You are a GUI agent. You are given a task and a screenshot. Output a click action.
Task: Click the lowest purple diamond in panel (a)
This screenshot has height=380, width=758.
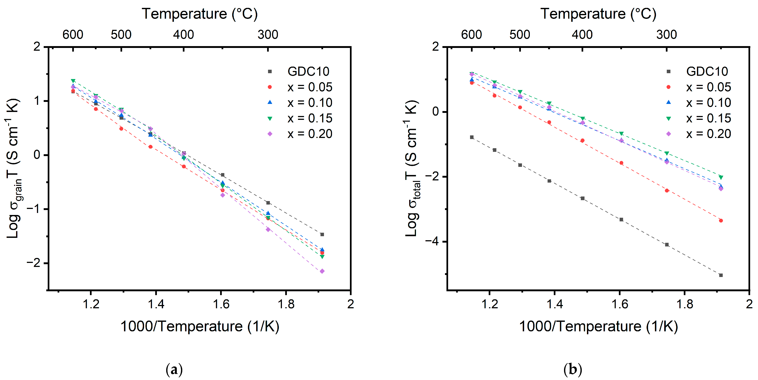click(322, 271)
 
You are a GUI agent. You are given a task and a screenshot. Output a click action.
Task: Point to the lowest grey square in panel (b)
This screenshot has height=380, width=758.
click(721, 275)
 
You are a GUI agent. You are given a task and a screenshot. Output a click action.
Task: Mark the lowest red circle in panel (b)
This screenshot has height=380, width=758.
click(721, 220)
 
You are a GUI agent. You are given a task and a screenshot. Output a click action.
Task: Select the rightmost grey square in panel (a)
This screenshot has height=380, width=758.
click(322, 235)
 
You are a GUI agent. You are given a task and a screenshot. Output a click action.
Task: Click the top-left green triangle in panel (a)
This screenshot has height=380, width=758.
click(73, 81)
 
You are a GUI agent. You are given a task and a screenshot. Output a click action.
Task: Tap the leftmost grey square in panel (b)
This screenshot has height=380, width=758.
click(472, 137)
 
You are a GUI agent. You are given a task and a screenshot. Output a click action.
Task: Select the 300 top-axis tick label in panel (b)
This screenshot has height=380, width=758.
click(666, 34)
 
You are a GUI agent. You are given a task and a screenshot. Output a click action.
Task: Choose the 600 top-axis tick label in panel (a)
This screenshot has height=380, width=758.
click(73, 34)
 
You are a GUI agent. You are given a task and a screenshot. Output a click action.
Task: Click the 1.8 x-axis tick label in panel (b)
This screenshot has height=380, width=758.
click(685, 304)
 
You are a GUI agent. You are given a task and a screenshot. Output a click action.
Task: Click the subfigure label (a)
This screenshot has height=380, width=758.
click(174, 369)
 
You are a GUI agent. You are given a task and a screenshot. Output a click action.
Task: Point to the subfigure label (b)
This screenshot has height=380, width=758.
click(573, 369)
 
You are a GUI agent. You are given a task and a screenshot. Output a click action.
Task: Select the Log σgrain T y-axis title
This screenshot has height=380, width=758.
click(13, 168)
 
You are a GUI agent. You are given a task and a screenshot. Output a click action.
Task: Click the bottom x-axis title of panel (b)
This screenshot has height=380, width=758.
click(598, 326)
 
